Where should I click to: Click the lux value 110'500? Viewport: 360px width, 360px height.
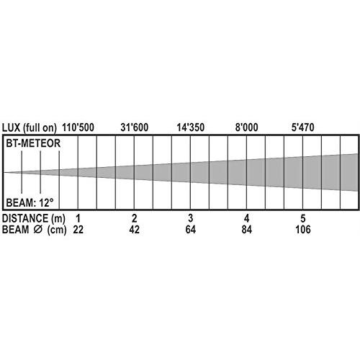pyautogui.click(x=78, y=127)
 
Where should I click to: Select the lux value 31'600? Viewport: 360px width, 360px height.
pyautogui.click(x=135, y=127)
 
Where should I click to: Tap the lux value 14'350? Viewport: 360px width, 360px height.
pyautogui.click(x=191, y=127)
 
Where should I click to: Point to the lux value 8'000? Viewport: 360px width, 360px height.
pyautogui.click(x=247, y=127)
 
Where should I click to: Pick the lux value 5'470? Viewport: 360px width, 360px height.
pyautogui.click(x=303, y=127)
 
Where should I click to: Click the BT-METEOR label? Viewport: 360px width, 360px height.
pyautogui.click(x=33, y=143)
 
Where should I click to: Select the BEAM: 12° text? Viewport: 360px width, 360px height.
pyautogui.click(x=30, y=203)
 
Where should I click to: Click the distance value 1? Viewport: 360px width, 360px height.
pyautogui.click(x=78, y=218)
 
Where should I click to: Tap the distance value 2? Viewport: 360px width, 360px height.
pyautogui.click(x=135, y=218)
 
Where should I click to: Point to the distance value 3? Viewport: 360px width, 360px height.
pyautogui.click(x=191, y=218)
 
